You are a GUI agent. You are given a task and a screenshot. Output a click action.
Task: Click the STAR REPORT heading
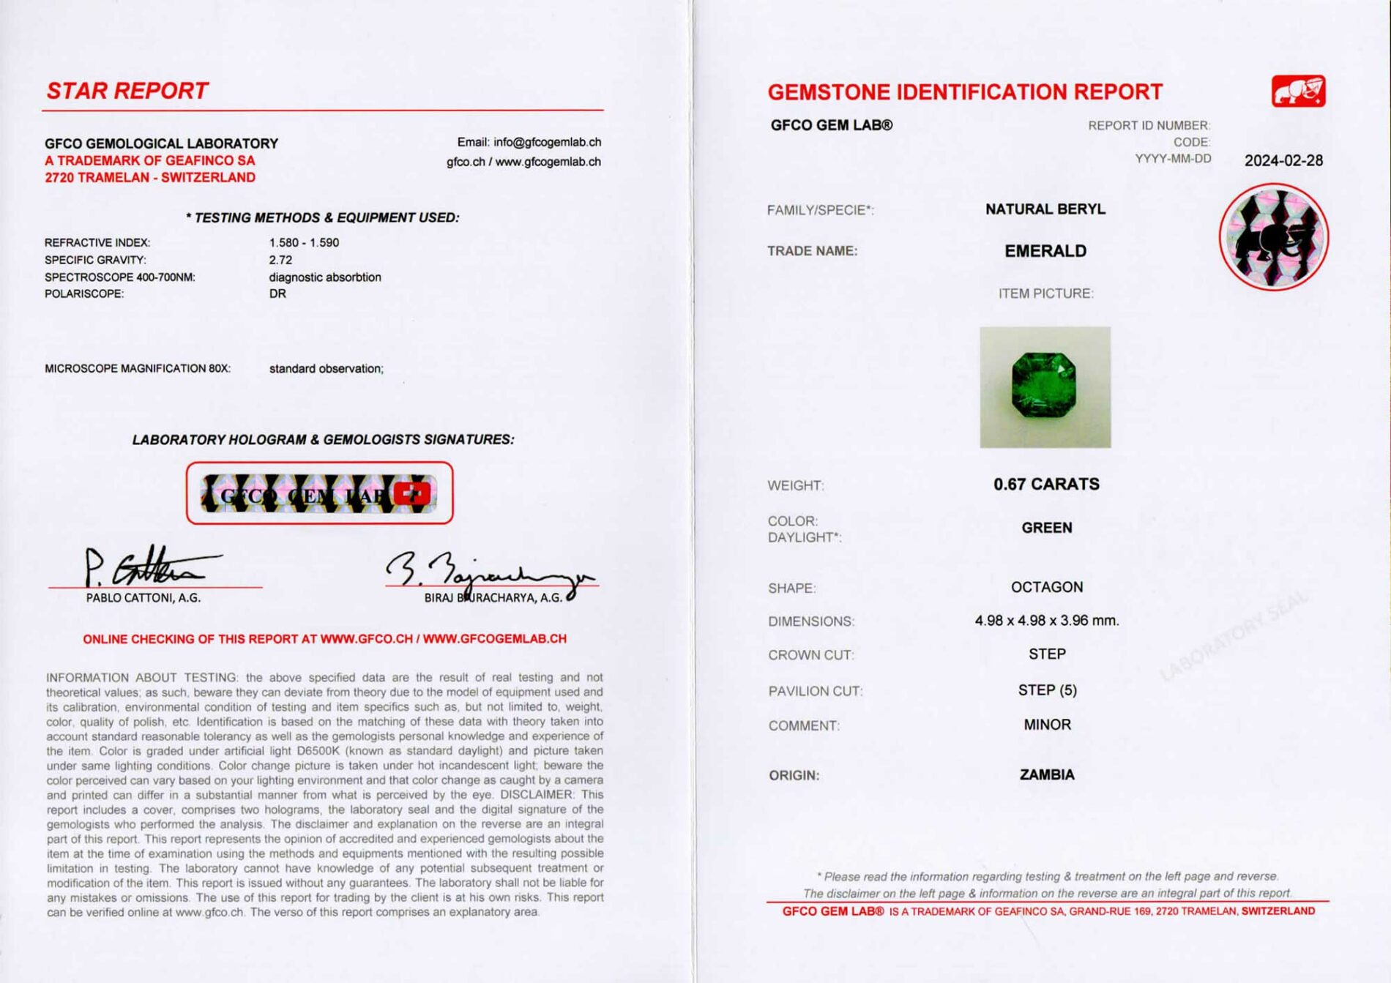[x=127, y=91]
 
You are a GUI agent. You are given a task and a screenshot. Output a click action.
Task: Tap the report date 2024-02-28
[x=1283, y=161]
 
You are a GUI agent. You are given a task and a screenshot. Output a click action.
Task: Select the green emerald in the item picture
[x=1043, y=385]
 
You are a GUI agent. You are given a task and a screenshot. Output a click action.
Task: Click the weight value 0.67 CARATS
[x=1046, y=485]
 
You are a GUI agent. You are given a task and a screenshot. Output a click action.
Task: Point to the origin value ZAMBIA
[x=1047, y=775]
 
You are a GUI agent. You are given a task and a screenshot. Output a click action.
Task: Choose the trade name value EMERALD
[x=1045, y=251]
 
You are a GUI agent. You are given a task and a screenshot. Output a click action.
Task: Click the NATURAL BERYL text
[x=1045, y=209]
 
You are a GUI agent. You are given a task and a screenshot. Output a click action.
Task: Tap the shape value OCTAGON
[x=1047, y=588]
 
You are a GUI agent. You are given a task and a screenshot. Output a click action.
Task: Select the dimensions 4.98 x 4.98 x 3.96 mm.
[x=1046, y=621]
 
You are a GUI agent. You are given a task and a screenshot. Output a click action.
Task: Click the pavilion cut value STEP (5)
[x=1047, y=690]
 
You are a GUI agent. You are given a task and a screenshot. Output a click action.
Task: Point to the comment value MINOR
[x=1047, y=725]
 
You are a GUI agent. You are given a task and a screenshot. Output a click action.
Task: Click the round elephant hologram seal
[x=1274, y=237]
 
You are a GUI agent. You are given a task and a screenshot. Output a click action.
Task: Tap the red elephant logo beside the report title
[x=1298, y=91]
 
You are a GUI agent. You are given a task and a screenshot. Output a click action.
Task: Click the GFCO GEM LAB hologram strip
[x=319, y=493]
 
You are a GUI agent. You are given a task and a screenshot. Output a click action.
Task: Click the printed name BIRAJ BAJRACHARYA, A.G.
[x=493, y=598]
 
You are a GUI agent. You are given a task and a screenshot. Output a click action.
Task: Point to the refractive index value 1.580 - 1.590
[x=304, y=243]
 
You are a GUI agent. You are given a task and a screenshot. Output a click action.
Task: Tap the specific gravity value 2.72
[x=280, y=260]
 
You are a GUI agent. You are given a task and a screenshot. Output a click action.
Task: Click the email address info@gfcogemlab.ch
[x=547, y=143]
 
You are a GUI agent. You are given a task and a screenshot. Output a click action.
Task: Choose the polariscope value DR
[x=277, y=294]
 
